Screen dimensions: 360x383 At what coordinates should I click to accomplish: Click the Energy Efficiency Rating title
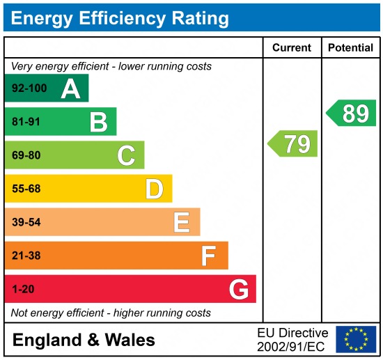(x=120, y=17)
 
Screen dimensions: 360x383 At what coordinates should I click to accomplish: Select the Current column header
(x=291, y=48)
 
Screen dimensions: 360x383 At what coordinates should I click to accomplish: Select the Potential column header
(x=351, y=48)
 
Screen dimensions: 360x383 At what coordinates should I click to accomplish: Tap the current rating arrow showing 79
(x=293, y=143)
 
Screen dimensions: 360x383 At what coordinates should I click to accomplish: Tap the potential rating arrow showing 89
(x=352, y=113)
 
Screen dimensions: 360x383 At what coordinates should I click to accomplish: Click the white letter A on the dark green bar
(x=70, y=89)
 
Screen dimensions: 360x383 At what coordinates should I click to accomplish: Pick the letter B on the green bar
(x=98, y=123)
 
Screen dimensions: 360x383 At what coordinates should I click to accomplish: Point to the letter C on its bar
(x=126, y=155)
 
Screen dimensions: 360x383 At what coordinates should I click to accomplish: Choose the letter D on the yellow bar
(x=154, y=189)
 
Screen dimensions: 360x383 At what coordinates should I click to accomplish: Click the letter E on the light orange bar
(x=182, y=222)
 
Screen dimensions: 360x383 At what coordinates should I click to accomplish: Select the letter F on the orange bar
(x=208, y=256)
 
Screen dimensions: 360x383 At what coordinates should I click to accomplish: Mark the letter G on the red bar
(x=238, y=289)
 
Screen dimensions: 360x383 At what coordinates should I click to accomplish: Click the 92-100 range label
(x=29, y=89)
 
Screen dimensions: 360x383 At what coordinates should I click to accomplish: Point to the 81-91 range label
(x=26, y=123)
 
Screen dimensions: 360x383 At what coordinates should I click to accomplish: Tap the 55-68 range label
(x=26, y=189)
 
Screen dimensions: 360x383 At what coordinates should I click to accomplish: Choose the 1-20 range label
(x=23, y=289)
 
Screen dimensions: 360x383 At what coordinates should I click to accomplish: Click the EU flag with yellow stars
(x=356, y=340)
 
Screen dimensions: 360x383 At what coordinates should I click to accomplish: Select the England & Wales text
(x=84, y=341)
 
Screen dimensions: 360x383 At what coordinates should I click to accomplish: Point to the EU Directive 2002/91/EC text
(x=292, y=340)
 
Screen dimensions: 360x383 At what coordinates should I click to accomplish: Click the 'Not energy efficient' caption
(x=111, y=313)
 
